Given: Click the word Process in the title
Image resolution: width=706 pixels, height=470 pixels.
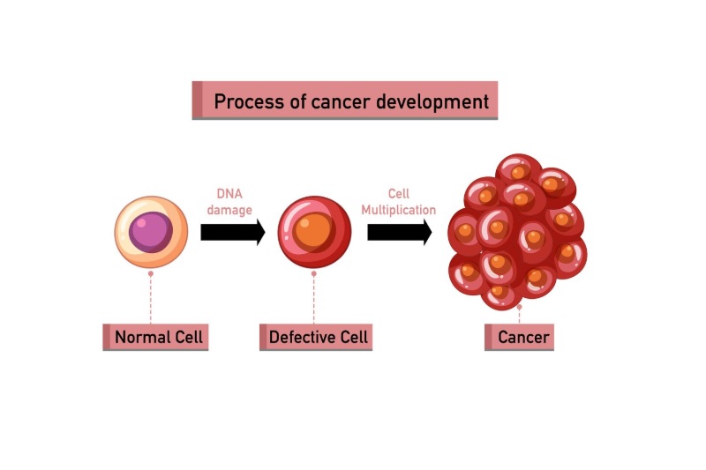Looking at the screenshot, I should point(249,101).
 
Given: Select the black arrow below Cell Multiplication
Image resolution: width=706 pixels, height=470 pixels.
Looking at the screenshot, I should point(399,233).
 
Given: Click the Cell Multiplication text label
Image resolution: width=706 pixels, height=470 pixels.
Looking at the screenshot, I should point(399,202).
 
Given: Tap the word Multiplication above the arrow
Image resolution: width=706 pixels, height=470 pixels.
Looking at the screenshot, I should point(399,211).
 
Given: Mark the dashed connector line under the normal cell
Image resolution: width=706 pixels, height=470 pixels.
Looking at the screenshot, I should point(151,300).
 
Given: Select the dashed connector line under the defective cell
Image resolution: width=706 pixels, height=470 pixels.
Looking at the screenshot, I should point(314,300).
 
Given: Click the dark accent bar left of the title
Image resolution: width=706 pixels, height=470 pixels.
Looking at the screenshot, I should point(197,101).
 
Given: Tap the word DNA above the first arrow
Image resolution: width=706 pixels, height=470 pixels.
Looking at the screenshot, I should point(229,194).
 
